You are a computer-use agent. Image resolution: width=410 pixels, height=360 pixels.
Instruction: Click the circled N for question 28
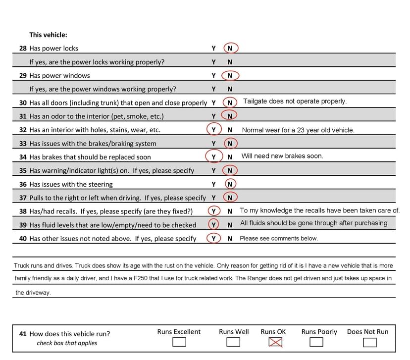[x=230, y=49]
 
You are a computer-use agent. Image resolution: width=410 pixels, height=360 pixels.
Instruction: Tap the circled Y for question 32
[x=213, y=130]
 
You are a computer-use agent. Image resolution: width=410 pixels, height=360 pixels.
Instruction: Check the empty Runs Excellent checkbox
[x=179, y=342]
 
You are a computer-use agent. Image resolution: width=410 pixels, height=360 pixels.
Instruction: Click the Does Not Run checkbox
[x=369, y=342]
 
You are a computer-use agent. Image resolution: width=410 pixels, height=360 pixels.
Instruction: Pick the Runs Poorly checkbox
[x=316, y=342]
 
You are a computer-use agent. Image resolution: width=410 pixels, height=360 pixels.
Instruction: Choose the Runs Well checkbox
[x=233, y=342]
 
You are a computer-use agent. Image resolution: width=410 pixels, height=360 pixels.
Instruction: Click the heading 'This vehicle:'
[x=48, y=35]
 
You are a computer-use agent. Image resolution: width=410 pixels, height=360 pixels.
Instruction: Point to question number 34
[x=23, y=157]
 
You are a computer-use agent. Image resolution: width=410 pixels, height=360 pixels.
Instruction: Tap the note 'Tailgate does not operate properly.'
[x=295, y=102]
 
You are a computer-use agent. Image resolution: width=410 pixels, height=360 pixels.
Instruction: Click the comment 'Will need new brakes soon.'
[x=282, y=156]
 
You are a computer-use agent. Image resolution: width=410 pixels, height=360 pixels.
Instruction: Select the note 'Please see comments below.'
[x=279, y=239]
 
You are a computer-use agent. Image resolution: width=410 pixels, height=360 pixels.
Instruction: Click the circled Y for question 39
[x=213, y=225]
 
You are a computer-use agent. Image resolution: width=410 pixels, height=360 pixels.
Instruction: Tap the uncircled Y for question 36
[x=213, y=184]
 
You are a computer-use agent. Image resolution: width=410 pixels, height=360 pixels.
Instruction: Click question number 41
[x=23, y=334]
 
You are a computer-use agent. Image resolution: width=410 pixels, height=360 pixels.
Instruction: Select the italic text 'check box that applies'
[x=67, y=343]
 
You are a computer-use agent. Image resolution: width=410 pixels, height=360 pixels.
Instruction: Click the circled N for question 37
[x=230, y=198]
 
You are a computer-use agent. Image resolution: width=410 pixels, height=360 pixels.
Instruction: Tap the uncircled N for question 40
[x=230, y=239]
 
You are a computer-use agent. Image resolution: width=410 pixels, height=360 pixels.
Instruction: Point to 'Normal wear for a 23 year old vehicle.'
[x=298, y=130]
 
